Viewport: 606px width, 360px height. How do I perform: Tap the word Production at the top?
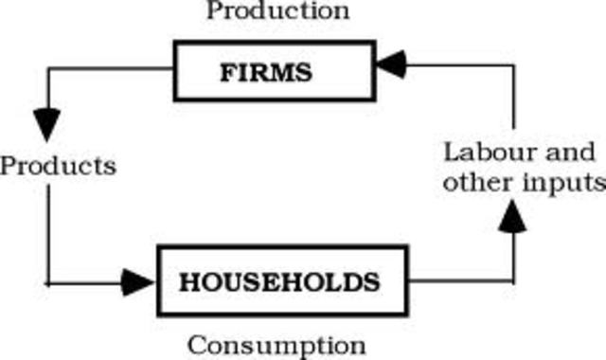[x=278, y=11]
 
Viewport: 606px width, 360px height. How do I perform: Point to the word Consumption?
[x=276, y=343]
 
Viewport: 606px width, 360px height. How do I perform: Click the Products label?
[x=59, y=166]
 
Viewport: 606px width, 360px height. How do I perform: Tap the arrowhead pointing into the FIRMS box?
[x=390, y=65]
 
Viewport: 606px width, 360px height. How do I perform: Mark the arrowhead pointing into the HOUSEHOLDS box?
[x=138, y=281]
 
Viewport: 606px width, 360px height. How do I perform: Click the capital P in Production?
[x=214, y=11]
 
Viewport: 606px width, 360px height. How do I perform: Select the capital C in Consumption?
[x=195, y=343]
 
